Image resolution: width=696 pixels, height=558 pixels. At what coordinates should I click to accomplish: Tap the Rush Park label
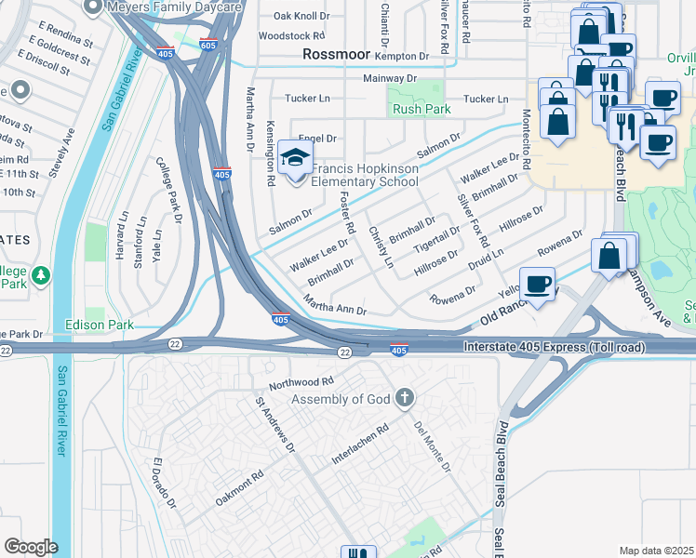tap(422, 110)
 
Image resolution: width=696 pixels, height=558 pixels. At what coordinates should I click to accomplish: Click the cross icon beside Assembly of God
tap(404, 399)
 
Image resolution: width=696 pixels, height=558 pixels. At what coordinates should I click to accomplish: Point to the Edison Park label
tap(99, 325)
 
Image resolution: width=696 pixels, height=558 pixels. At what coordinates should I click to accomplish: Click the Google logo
tap(31, 547)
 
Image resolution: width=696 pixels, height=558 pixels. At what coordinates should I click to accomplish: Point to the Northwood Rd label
tap(301, 382)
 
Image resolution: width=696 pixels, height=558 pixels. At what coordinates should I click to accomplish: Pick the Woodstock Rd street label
tap(291, 36)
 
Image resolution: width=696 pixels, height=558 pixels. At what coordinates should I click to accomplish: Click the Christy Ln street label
tap(381, 247)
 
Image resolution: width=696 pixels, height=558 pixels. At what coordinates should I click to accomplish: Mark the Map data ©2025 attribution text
tap(656, 551)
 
